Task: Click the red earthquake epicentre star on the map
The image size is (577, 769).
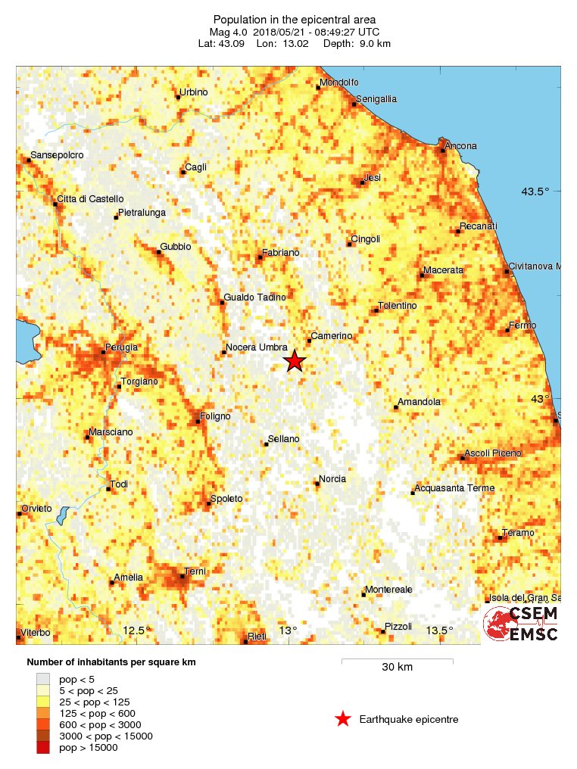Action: pyautogui.click(x=295, y=361)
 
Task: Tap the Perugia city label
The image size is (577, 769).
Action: pyautogui.click(x=121, y=347)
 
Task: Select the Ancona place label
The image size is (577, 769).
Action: pyautogui.click(x=461, y=146)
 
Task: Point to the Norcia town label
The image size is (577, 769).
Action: pyautogui.click(x=332, y=479)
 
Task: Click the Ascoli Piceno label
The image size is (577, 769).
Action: pyautogui.click(x=493, y=453)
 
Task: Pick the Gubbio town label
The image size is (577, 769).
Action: pyautogui.click(x=176, y=247)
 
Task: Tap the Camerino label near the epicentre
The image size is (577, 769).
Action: pyautogui.click(x=332, y=335)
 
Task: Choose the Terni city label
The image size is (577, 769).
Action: pyautogui.click(x=195, y=571)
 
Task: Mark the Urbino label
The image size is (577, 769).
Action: pyautogui.click(x=192, y=93)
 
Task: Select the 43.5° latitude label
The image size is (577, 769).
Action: pyautogui.click(x=535, y=191)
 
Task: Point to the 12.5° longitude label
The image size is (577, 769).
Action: pyautogui.click(x=134, y=630)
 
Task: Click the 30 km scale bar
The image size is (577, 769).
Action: pyautogui.click(x=397, y=661)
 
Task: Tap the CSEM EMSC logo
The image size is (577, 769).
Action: pyautogui.click(x=521, y=623)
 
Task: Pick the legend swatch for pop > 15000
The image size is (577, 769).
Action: pyautogui.click(x=43, y=748)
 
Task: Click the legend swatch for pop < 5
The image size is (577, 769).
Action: pyautogui.click(x=43, y=679)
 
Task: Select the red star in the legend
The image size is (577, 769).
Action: pyautogui.click(x=343, y=719)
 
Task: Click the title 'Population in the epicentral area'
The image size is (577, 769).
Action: pyautogui.click(x=295, y=20)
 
